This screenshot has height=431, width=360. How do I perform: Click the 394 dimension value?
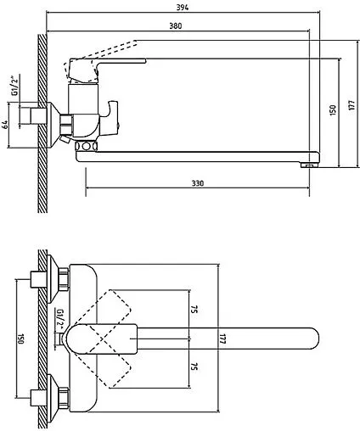(x=183, y=7)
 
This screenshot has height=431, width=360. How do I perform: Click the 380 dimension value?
(x=176, y=25)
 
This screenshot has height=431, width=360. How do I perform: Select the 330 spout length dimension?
(x=198, y=183)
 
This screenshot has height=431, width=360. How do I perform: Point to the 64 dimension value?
(x=5, y=125)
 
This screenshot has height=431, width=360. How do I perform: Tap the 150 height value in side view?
(x=333, y=109)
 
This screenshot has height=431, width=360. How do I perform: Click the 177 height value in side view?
(x=352, y=105)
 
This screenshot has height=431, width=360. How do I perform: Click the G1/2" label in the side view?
(x=15, y=85)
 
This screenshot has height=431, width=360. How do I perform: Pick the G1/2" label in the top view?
(x=60, y=320)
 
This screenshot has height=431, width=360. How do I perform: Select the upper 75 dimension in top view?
(x=194, y=309)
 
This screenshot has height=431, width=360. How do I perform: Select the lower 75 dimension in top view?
(x=194, y=367)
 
